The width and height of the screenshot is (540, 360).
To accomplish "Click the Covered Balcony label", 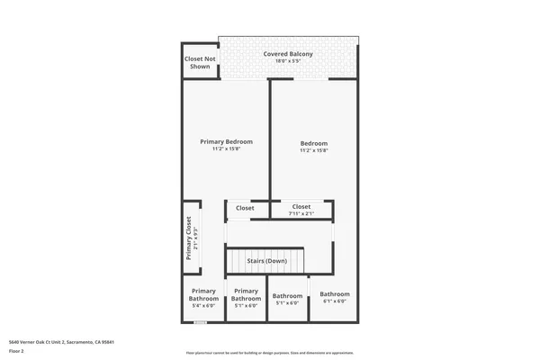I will pos(288,54).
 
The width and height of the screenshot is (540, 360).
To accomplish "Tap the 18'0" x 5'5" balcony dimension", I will pos(288,62).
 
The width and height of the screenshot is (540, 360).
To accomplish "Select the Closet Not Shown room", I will pos(200,62).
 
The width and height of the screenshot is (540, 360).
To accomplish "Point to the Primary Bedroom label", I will pos(226,141).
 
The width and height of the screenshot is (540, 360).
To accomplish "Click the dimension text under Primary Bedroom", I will pos(226,149).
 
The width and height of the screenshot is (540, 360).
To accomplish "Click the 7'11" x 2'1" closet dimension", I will pos(301,214).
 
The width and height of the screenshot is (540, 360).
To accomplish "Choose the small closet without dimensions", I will pos(245,208).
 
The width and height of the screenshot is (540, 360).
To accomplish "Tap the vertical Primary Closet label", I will pos(189,238).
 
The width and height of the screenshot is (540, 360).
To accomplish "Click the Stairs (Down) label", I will pos(279,261).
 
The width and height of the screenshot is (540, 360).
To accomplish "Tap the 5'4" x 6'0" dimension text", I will pos(203,306).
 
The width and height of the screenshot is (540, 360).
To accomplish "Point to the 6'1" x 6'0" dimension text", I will pos(335,301).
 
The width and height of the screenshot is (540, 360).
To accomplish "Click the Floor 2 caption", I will pos(16,351).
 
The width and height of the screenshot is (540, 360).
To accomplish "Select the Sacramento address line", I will pos(61,342).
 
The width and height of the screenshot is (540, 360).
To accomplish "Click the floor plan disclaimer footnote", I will pos(270,352).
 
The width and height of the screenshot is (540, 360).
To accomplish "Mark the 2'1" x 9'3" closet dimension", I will pos(196,238).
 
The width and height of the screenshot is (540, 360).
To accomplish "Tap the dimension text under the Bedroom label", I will pos(314,151).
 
